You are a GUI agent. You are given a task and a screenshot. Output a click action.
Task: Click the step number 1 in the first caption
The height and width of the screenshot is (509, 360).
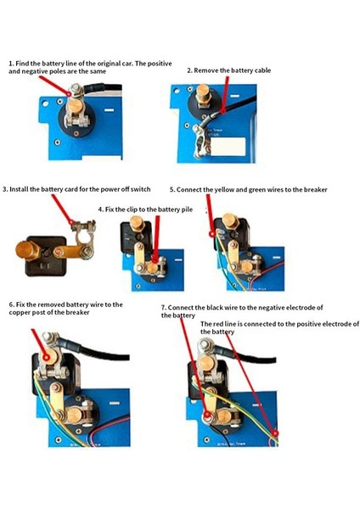[11, 64]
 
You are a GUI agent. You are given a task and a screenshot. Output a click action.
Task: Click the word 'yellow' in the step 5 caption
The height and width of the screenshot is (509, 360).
[224, 190]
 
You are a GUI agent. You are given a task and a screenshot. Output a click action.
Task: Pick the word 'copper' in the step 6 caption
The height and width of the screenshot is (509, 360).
[20, 313]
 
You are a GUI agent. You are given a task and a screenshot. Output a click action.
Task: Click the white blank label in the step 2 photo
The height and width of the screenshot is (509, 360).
[228, 146]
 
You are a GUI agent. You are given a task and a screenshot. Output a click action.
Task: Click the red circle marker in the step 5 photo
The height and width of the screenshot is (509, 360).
[212, 233]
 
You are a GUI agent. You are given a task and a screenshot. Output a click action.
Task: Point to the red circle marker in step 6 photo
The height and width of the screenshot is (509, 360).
[47, 358]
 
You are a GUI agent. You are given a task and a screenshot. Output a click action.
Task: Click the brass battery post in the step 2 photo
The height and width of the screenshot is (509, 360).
[202, 94]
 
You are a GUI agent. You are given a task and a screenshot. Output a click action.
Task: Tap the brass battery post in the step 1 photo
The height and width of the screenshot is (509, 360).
[75, 105]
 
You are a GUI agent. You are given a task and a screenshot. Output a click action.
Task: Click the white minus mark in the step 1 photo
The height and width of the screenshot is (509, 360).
[110, 110]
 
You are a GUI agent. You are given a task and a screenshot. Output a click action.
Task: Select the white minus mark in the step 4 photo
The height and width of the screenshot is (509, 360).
[178, 260]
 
